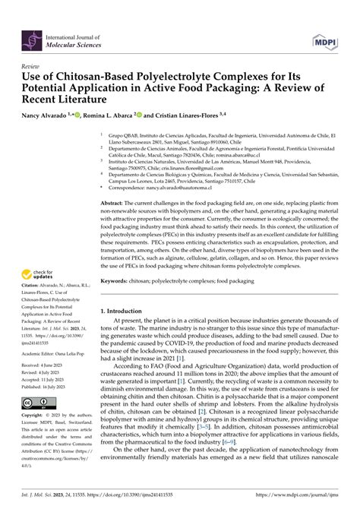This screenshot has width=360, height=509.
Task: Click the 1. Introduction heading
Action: coord(126,312)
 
